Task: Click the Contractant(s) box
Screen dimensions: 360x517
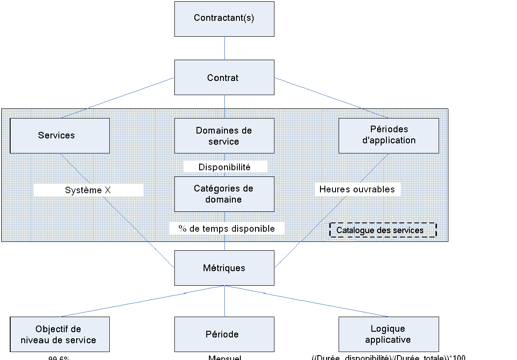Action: click(224, 19)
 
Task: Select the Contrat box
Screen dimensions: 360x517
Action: click(224, 77)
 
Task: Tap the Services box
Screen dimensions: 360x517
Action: click(60, 135)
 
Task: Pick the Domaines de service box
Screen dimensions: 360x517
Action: click(224, 136)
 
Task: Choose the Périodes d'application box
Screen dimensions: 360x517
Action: click(389, 135)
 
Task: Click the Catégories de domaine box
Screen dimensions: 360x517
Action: click(224, 194)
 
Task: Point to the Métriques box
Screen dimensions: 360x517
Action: click(224, 268)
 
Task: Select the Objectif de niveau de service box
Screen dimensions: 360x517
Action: click(60, 334)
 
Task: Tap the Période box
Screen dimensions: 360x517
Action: click(224, 334)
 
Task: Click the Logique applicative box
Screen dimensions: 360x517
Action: click(389, 334)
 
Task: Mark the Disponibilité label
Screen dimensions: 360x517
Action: click(225, 167)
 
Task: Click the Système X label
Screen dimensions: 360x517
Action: click(88, 190)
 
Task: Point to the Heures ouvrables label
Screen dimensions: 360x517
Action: click(357, 189)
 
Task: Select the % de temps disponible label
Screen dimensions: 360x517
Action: click(227, 228)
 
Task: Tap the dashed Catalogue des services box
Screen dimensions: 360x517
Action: click(383, 230)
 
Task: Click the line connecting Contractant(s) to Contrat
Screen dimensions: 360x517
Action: click(224, 48)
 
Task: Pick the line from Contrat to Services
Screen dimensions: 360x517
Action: click(118, 98)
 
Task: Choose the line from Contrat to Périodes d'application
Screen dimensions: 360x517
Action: click(332, 98)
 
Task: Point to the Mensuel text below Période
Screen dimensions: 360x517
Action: click(225, 357)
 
